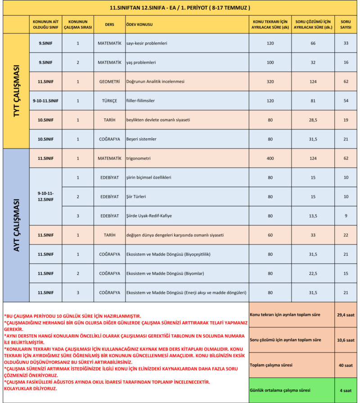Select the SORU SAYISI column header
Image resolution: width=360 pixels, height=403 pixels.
click(x=346, y=24)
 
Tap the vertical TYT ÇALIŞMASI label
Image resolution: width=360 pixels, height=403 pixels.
click(x=17, y=91)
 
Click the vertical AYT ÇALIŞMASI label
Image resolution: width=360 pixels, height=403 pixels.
click(x=17, y=225)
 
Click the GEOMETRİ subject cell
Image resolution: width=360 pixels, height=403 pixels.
click(x=109, y=82)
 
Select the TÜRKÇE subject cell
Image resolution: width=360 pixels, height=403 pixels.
click(x=109, y=101)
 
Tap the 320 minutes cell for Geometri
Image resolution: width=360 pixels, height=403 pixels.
click(x=270, y=82)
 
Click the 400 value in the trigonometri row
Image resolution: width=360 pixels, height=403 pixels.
click(x=270, y=158)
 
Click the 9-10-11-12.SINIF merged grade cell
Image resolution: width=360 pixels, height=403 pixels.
click(x=45, y=196)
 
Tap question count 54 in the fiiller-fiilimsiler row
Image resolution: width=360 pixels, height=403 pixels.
click(x=346, y=101)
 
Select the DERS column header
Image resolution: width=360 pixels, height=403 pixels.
click(x=109, y=24)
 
